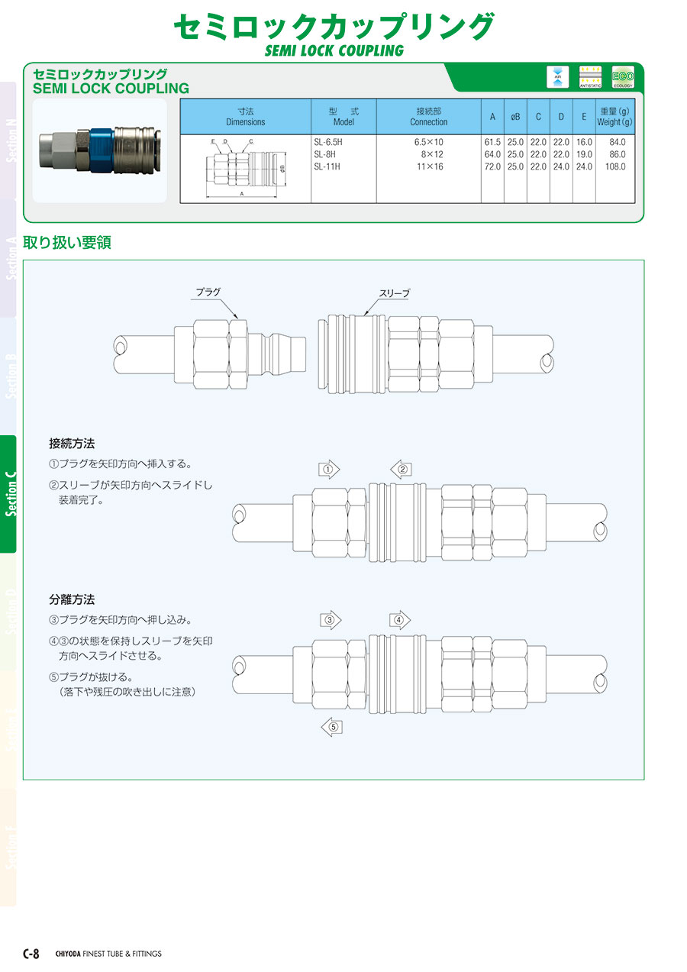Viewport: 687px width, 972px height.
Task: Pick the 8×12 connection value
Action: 431,154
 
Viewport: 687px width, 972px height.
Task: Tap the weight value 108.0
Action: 614,166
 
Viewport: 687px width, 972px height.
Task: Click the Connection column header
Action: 428,117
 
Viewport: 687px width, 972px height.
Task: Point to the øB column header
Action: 515,117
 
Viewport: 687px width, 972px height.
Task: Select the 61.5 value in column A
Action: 492,142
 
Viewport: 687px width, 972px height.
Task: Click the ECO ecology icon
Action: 623,77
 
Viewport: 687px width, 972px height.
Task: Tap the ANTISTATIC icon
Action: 590,77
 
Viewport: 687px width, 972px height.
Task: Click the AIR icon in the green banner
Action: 557,77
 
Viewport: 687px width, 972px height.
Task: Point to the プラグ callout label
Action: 208,292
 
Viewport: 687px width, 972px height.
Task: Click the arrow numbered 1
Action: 328,470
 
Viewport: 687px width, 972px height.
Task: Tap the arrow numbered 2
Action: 402,470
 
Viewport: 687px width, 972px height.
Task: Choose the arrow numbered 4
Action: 399,619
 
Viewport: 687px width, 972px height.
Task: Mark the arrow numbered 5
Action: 331,727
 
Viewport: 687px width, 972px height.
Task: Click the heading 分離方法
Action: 72,600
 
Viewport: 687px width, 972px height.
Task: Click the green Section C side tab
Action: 8,494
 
